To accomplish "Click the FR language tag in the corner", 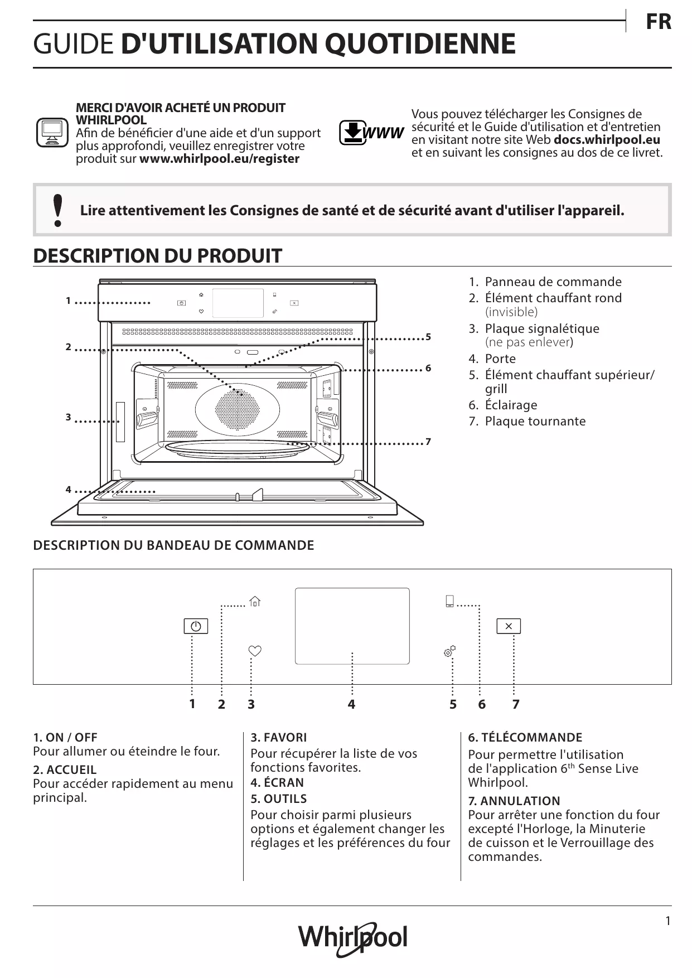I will (658, 22).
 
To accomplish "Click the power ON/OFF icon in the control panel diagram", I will (196, 626).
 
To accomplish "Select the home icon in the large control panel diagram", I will (255, 601).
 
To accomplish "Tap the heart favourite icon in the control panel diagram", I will (255, 651).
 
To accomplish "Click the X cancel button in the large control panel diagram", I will (509, 626).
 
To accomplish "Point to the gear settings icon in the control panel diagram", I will (449, 651).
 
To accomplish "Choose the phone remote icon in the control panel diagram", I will (449, 602).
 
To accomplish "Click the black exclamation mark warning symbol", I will (57, 210).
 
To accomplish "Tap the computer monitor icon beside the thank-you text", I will (52, 133).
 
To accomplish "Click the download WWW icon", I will (371, 133).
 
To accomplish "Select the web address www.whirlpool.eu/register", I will (219, 159).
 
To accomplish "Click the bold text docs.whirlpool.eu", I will (607, 140).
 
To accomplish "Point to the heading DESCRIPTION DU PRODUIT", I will (157, 256).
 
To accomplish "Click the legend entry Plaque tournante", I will (535, 422).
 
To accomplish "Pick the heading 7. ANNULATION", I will (514, 801).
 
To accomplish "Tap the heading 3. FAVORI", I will (278, 738).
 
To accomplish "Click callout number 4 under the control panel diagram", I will (351, 704).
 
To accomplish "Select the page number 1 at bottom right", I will (668, 921).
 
